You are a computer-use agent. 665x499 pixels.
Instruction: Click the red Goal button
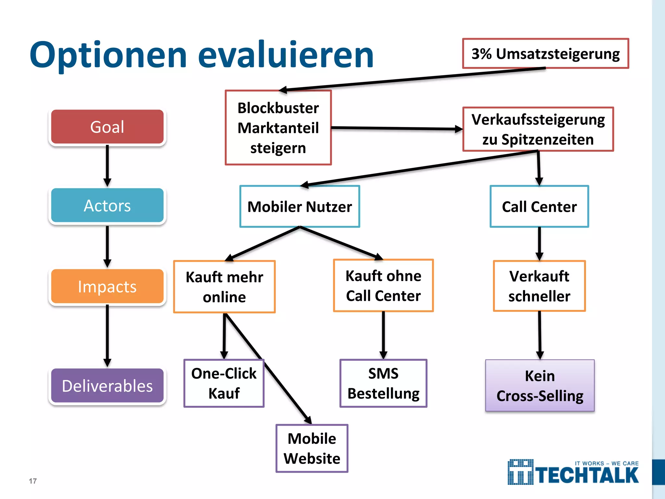107,127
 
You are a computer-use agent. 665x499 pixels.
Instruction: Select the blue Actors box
107,205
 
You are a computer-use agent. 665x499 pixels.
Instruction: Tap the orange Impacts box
107,287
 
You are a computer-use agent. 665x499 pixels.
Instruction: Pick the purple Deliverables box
107,386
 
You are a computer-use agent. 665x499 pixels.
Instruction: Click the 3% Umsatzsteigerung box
546,54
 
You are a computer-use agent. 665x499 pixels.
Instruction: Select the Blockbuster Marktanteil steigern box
278,128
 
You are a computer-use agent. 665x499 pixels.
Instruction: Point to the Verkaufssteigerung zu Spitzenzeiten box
538,129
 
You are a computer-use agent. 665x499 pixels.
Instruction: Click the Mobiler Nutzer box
299,207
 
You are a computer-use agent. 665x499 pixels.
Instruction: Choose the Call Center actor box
539,207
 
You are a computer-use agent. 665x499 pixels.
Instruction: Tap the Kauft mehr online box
224,287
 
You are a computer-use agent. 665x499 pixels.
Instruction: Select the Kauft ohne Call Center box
383,286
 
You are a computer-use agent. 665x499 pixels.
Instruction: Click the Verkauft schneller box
539,286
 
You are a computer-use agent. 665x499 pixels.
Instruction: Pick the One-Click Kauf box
224,383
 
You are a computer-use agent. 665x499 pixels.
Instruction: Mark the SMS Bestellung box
383,383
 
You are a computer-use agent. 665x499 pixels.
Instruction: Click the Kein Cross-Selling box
540,386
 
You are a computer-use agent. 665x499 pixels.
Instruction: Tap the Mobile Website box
312,448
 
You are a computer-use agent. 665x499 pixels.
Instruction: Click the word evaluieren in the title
286,55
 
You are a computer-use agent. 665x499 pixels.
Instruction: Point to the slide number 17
33,481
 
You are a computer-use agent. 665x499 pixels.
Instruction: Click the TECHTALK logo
573,473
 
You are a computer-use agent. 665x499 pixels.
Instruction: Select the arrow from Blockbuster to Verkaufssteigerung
396,129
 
